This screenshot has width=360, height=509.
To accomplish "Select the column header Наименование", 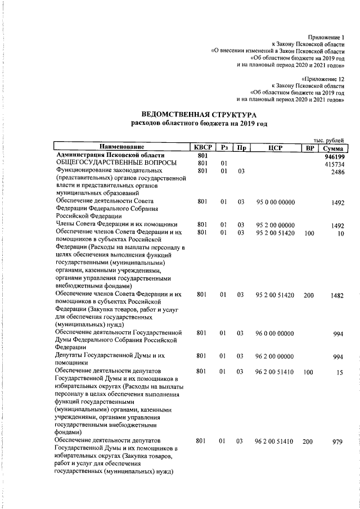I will (x=122, y=147).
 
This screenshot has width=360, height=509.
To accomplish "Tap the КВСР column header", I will (x=202, y=147).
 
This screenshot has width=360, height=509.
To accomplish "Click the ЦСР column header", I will (x=275, y=147).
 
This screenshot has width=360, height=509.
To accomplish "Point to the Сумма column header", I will (x=331, y=147).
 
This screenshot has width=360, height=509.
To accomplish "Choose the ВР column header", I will (x=308, y=147).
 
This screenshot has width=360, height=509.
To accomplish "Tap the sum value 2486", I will (x=336, y=172).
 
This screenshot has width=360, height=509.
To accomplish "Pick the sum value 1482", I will (x=336, y=295).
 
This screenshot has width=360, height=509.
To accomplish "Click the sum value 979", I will (x=337, y=442).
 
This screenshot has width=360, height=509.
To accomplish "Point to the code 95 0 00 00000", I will (x=275, y=201).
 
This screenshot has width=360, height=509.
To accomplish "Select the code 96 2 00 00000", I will (x=275, y=357).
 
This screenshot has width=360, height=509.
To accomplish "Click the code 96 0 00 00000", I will (x=275, y=334).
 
